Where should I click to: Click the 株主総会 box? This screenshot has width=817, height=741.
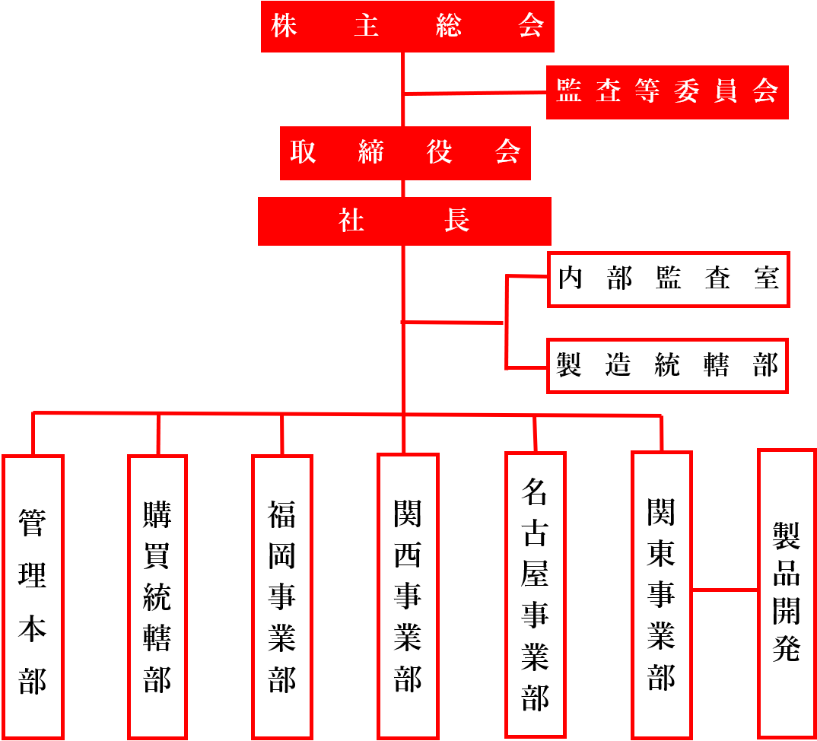[408, 27]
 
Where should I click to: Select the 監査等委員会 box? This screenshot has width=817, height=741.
[667, 92]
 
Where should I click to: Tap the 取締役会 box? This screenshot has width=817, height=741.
[405, 153]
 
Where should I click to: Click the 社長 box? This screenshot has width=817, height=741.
[405, 221]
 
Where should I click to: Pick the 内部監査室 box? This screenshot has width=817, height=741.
[669, 279]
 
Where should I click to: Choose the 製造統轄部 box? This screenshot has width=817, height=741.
[667, 366]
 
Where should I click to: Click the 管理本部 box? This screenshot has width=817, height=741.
[33, 596]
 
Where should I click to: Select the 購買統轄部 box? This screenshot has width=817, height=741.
[157, 596]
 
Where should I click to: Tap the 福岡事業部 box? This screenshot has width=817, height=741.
[282, 596]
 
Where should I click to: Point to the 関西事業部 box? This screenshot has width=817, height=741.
[408, 596]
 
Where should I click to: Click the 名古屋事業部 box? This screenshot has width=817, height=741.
[535, 595]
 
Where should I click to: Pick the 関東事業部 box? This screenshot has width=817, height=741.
[662, 595]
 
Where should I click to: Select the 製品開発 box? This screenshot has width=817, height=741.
[787, 593]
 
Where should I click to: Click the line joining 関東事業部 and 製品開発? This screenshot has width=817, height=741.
[725, 590]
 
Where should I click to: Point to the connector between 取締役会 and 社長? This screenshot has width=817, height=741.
[403, 189]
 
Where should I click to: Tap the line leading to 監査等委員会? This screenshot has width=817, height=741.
[475, 94]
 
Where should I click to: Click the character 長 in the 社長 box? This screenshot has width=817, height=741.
[457, 221]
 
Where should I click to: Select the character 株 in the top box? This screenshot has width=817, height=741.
[284, 26]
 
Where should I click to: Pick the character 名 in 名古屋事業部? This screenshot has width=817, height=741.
[535, 492]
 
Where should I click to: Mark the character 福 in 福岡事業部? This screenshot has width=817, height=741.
[282, 514]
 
